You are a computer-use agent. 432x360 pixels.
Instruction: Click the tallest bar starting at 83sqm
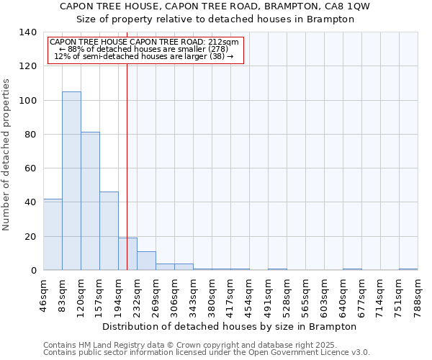coord(71,181)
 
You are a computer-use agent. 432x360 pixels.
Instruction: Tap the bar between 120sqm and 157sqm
coord(90,201)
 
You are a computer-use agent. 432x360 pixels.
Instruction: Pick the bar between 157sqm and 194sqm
coord(109,230)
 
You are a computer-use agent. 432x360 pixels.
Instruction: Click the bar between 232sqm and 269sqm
coord(146,261)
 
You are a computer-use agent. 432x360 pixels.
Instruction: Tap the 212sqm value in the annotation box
coord(225,42)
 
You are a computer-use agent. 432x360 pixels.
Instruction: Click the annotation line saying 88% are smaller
coord(144,49)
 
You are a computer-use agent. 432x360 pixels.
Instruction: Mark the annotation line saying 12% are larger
coord(144,56)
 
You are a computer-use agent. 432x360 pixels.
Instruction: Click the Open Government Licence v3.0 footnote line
coord(207,353)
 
